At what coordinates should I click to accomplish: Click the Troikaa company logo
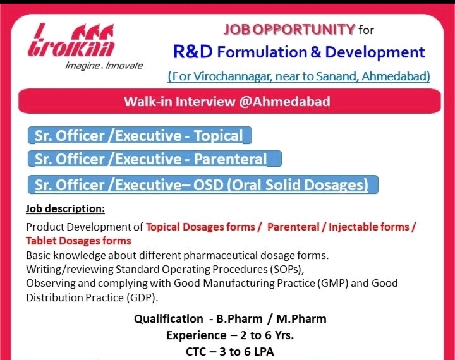click(71, 40)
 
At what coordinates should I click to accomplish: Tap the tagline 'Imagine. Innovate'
click(104, 66)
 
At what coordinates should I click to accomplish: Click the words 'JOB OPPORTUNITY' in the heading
click(289, 29)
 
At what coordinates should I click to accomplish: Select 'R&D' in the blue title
click(193, 52)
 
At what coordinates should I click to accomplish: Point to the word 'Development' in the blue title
click(375, 52)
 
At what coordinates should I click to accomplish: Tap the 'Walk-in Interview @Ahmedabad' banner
click(229, 102)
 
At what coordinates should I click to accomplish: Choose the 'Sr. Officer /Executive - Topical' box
click(140, 135)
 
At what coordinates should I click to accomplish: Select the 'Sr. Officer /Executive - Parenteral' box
click(154, 159)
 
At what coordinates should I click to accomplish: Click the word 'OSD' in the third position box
click(208, 185)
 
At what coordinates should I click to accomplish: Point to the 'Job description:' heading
click(65, 208)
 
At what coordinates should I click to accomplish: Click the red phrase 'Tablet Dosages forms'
click(78, 241)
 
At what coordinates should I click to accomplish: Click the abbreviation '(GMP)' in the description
click(333, 283)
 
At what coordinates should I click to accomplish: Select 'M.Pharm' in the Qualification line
click(301, 319)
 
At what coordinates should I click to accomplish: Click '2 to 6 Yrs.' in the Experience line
click(267, 335)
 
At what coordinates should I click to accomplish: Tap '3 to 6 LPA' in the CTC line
click(246, 352)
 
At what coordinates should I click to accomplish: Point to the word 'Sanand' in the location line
click(337, 76)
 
